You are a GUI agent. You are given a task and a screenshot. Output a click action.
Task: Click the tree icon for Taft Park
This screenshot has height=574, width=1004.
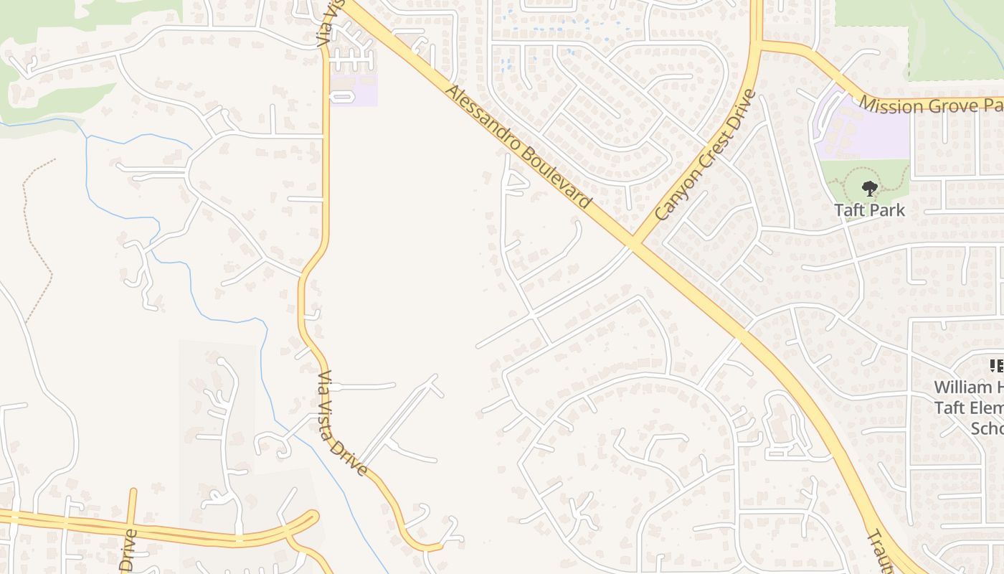(869, 189)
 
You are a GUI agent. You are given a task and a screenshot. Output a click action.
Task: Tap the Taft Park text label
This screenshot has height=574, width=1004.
(869, 210)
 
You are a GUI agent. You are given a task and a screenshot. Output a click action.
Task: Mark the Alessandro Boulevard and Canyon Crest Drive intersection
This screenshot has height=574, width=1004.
(632, 245)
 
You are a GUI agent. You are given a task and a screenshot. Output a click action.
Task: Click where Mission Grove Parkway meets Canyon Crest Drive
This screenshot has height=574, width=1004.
(757, 44)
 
